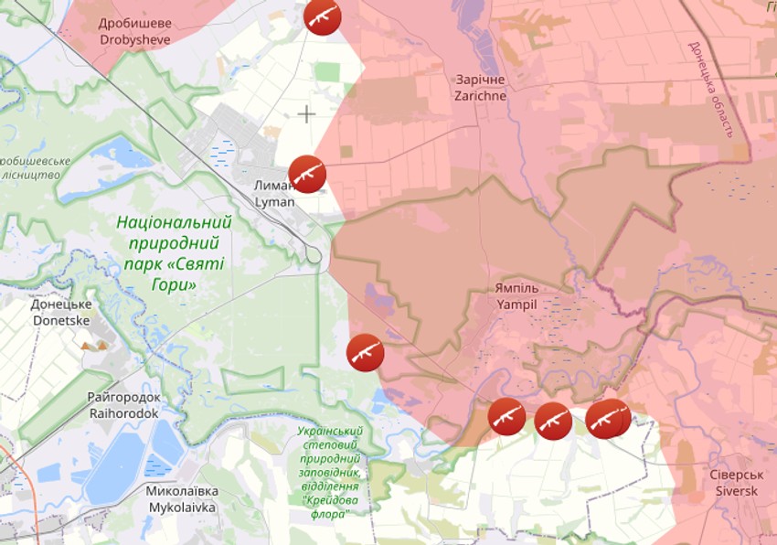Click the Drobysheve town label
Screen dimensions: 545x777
tap(135, 32)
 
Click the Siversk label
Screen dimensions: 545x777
tap(735, 483)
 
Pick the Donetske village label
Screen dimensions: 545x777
tap(61, 313)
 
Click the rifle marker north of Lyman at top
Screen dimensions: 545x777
tap(323, 16)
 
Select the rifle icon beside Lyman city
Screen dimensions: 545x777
tap(307, 174)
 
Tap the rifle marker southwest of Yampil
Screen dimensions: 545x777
tap(366, 352)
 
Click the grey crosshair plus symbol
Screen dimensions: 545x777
tap(306, 113)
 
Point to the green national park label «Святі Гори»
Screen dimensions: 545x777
tap(174, 252)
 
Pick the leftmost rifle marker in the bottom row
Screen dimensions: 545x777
tap(506, 417)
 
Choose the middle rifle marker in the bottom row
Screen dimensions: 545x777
tap(553, 421)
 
